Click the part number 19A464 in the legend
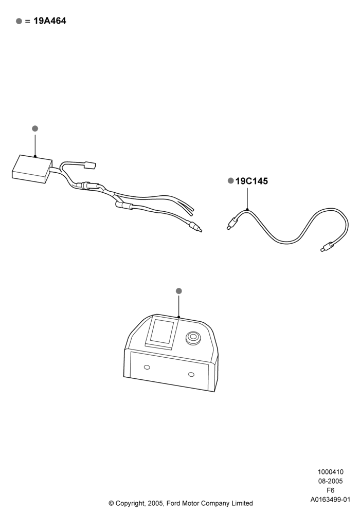tap(50, 21)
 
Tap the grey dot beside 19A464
tap(19, 21)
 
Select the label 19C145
tap(251, 181)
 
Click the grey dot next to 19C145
tap(231, 180)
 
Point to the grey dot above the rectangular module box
tap(35, 128)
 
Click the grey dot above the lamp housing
tap(178, 291)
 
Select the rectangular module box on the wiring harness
tap(32, 169)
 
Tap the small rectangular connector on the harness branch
tap(90, 164)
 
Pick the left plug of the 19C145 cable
tap(232, 223)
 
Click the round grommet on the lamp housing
tap(193, 338)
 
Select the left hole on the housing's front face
tap(147, 367)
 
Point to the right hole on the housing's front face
tap(191, 374)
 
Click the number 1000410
tap(331, 472)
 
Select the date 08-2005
tap(331, 481)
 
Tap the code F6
tap(331, 490)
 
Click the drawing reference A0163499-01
tap(331, 500)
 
